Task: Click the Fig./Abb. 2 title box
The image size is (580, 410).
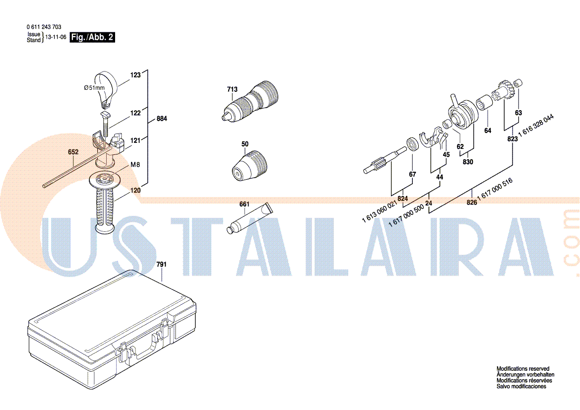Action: (x=92, y=37)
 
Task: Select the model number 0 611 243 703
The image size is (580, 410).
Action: (x=44, y=27)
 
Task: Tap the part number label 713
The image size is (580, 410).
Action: (x=232, y=89)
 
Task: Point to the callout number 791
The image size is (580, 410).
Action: (x=161, y=264)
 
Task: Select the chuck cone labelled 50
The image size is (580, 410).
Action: (x=249, y=166)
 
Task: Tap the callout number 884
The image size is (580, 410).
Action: (x=162, y=119)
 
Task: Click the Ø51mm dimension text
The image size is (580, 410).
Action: (x=94, y=88)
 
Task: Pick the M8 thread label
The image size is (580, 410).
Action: (x=135, y=165)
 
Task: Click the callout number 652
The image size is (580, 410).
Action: (x=73, y=152)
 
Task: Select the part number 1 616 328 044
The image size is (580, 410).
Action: (x=536, y=126)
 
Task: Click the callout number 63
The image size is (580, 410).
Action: (x=518, y=113)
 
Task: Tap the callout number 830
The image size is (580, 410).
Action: (x=468, y=162)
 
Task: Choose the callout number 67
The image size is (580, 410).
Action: (x=412, y=174)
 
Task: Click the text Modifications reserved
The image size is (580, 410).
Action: (x=522, y=369)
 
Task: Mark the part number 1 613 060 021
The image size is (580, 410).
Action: (x=380, y=211)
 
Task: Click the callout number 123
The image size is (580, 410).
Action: (x=135, y=75)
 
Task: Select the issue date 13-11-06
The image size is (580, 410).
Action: (x=56, y=37)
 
